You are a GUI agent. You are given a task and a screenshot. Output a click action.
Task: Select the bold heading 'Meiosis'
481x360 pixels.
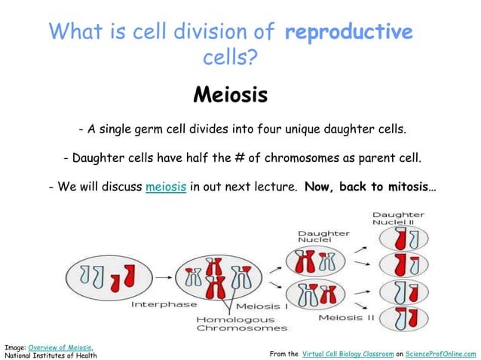(230, 96)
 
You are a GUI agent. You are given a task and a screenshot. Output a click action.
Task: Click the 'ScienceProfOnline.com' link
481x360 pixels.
(441, 353)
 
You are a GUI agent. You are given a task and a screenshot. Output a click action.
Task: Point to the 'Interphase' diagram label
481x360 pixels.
(164, 304)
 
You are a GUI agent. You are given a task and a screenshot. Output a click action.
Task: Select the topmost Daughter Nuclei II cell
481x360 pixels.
(404, 240)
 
